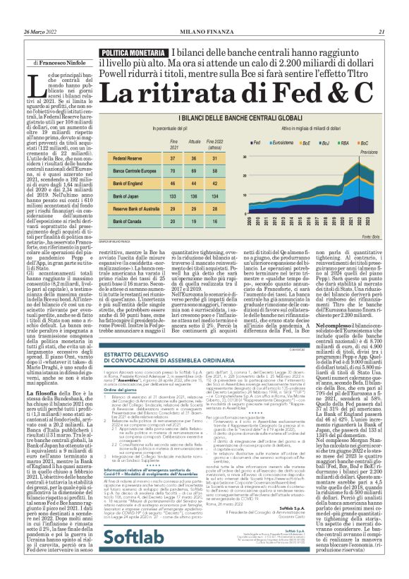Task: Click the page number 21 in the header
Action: (x=381, y=31)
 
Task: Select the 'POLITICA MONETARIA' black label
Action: (x=135, y=53)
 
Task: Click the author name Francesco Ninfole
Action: (x=64, y=63)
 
